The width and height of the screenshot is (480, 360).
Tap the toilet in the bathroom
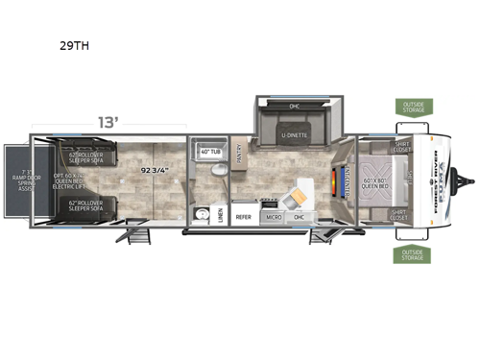[x=220, y=170]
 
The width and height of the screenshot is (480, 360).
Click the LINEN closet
[x=221, y=214]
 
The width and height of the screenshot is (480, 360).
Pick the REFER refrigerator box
[x=244, y=217]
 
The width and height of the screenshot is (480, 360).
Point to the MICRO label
[x=274, y=218]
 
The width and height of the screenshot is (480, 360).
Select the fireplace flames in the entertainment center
[x=335, y=180]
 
